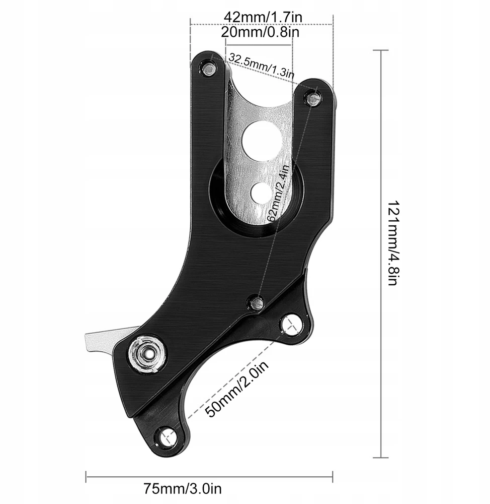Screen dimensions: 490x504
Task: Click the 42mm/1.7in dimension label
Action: click(263, 17)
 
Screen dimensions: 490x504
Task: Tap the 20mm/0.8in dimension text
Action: click(260, 32)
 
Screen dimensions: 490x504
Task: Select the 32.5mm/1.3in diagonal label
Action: click(261, 66)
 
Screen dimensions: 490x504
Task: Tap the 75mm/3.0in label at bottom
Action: click(182, 489)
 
